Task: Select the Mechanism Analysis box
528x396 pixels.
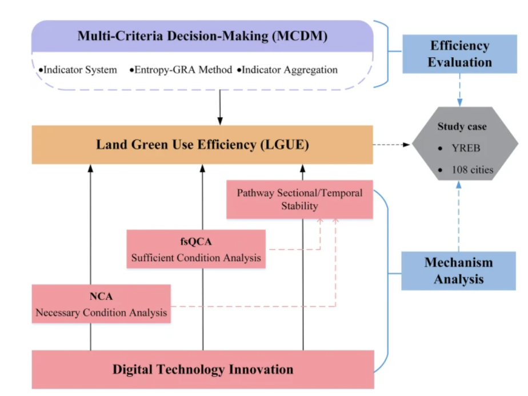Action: coord(458,270)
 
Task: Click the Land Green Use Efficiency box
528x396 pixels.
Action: coord(202,145)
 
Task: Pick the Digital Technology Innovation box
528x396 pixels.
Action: coord(202,369)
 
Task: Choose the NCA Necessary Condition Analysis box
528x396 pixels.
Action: coord(101,305)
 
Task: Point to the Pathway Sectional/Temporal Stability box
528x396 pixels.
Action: coord(299,199)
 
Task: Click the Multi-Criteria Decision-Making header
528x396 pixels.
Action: coord(202,37)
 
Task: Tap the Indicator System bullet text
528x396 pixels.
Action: coord(78,70)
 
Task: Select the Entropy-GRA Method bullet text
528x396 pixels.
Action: coord(181,70)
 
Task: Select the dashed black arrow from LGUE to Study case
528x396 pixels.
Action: coord(393,145)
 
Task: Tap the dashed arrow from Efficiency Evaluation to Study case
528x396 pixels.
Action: coord(459,89)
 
